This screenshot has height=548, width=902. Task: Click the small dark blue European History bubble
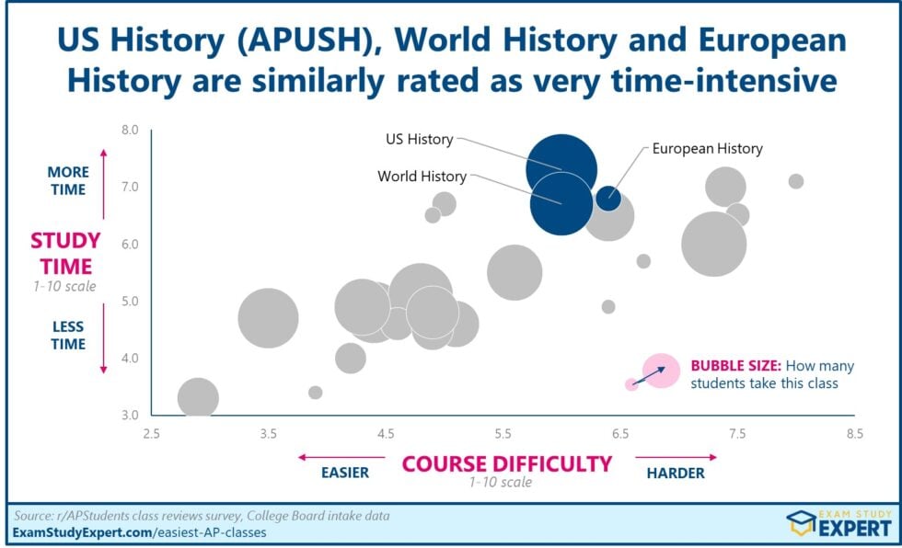608,197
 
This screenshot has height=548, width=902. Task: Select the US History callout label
419,140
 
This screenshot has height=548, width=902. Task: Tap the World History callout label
422,177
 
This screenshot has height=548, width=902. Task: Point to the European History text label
707,148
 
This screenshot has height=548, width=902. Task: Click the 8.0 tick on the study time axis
129,131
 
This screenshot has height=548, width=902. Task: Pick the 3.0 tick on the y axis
129,416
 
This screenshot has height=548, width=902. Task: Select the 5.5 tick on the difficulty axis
503,433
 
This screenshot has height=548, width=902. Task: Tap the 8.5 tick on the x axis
855,433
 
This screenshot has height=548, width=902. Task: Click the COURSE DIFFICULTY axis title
506,463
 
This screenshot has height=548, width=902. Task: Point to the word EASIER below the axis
344,473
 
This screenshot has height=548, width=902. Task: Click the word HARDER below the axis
675,473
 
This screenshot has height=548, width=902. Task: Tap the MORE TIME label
68,181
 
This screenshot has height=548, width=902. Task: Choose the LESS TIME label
68,335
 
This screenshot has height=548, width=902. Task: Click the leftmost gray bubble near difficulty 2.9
198,399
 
